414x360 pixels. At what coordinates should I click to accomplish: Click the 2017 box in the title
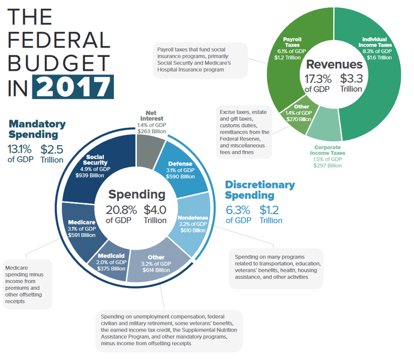coord(72,87)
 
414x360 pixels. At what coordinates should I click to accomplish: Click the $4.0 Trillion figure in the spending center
coord(155,214)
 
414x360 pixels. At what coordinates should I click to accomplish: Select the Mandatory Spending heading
coord(37,129)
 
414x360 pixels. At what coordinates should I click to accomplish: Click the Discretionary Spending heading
coord(260,190)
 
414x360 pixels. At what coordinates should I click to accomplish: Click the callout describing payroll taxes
coord(199,59)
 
